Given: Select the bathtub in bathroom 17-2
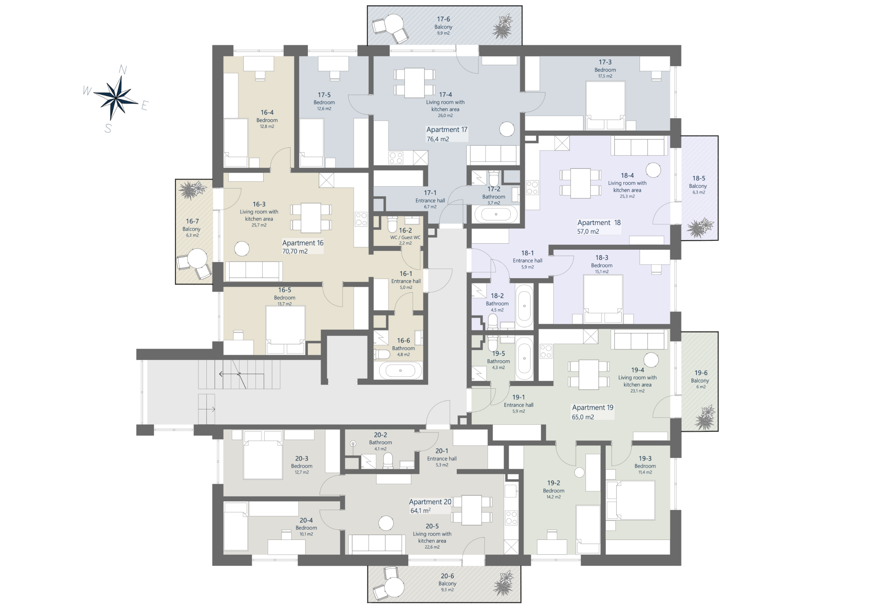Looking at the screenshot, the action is [x=496, y=214].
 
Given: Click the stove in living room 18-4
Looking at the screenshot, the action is [x=532, y=187].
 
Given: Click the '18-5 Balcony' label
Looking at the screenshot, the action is [x=698, y=182].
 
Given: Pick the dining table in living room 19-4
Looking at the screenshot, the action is [x=589, y=374].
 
